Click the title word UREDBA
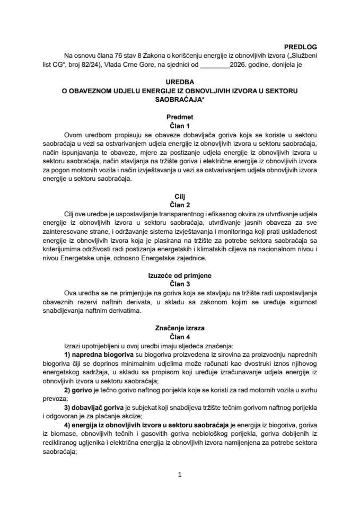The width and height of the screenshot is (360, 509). click(x=180, y=83)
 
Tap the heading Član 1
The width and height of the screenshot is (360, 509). click(x=180, y=125)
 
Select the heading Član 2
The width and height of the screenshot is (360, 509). click(x=180, y=203)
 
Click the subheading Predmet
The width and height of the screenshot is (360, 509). click(x=180, y=117)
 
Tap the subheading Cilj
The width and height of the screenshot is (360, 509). click(x=180, y=195)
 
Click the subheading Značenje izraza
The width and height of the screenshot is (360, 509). click(x=180, y=328)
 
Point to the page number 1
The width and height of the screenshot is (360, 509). click(x=180, y=475)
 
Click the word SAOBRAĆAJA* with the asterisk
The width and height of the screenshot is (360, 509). click(x=180, y=100)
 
